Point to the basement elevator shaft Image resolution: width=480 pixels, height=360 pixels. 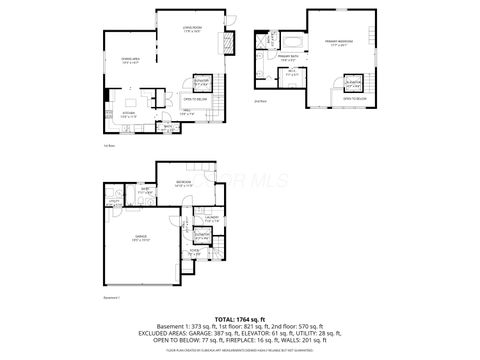click(x=204, y=236)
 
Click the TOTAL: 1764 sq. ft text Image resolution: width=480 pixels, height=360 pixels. click(x=239, y=317)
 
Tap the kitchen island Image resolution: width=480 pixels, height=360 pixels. click(x=130, y=100)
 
